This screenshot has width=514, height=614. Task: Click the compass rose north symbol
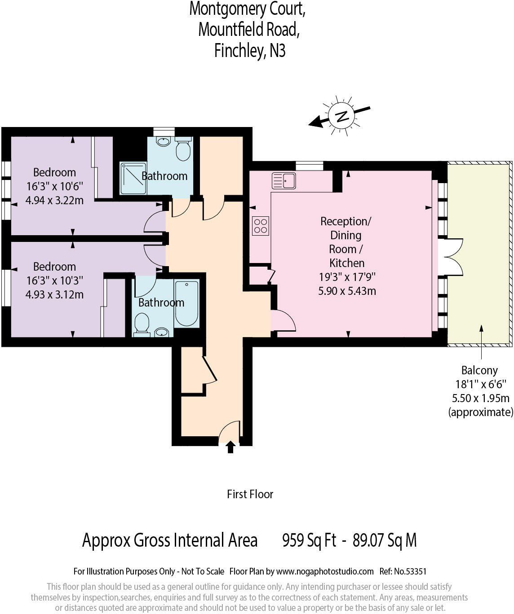click(x=342, y=116)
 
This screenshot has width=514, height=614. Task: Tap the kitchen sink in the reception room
click(x=284, y=180)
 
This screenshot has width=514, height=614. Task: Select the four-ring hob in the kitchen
click(x=261, y=226)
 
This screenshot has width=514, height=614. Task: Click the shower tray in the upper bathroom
click(x=133, y=178)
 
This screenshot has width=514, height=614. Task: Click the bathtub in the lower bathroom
click(x=186, y=303)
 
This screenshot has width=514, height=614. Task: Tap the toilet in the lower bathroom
click(x=142, y=324)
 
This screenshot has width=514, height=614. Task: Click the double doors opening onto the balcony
click(x=451, y=257)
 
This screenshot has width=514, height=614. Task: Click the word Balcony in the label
click(x=479, y=370)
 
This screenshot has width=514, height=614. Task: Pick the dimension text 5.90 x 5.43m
click(x=347, y=291)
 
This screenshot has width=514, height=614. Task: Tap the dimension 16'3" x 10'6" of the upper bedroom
click(x=54, y=186)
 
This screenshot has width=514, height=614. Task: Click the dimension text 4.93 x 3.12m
click(x=54, y=294)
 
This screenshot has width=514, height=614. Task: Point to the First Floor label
click(x=250, y=494)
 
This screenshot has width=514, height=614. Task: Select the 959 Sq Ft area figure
click(x=309, y=540)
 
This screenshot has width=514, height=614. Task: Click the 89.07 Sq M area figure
click(x=385, y=540)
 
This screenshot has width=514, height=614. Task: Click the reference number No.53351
click(x=410, y=571)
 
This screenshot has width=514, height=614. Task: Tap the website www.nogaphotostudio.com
click(x=324, y=571)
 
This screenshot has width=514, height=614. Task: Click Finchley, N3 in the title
click(x=250, y=50)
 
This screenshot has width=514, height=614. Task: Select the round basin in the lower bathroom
click(x=162, y=332)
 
